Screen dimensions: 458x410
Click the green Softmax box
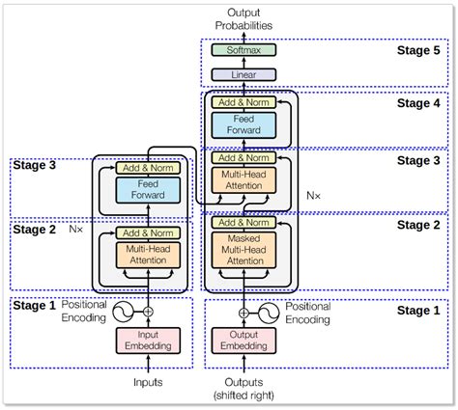[243, 50]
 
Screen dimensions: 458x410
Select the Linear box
[243, 74]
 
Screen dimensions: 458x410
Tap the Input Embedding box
[148, 341]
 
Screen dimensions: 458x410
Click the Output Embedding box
[243, 341]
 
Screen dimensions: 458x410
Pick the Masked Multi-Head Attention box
[243, 250]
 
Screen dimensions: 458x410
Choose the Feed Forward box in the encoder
[148, 190]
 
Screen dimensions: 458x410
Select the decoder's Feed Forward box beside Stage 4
[243, 125]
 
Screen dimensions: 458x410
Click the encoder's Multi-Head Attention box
[148, 255]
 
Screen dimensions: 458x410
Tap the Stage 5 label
[418, 50]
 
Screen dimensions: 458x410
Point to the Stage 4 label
[418, 103]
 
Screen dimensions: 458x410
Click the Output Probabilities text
[243, 19]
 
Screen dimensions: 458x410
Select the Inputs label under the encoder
[148, 382]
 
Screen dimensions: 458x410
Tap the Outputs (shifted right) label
[243, 389]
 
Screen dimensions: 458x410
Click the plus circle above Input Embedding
[148, 312]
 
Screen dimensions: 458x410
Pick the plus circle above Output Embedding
[243, 313]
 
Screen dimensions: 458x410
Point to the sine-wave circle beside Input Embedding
[123, 312]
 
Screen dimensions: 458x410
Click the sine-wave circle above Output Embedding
[269, 313]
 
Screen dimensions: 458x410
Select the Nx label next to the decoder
[313, 196]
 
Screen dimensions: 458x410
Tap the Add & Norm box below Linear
[243, 102]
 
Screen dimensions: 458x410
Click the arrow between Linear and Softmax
[243, 63]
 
